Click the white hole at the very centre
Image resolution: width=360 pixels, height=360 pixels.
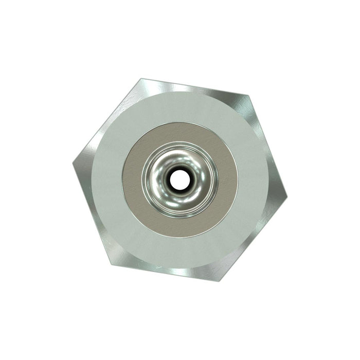(179, 179)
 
